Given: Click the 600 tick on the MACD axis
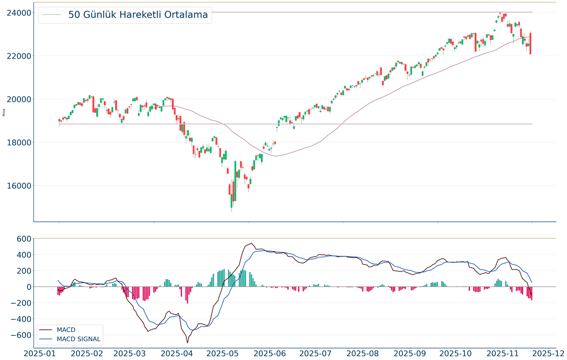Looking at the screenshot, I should [x=21, y=239].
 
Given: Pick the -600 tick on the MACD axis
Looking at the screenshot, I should [x=18, y=335].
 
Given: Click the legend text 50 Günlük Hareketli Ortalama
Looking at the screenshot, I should [x=138, y=15].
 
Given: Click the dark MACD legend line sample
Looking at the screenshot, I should [x=46, y=329].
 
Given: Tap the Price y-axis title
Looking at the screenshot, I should [x=4, y=112].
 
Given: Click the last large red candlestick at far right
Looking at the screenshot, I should [x=530, y=44].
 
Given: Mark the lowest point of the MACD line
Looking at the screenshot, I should [x=187, y=343].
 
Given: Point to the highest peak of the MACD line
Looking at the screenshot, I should [x=252, y=243].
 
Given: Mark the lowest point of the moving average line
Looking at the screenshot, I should [x=276, y=156].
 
